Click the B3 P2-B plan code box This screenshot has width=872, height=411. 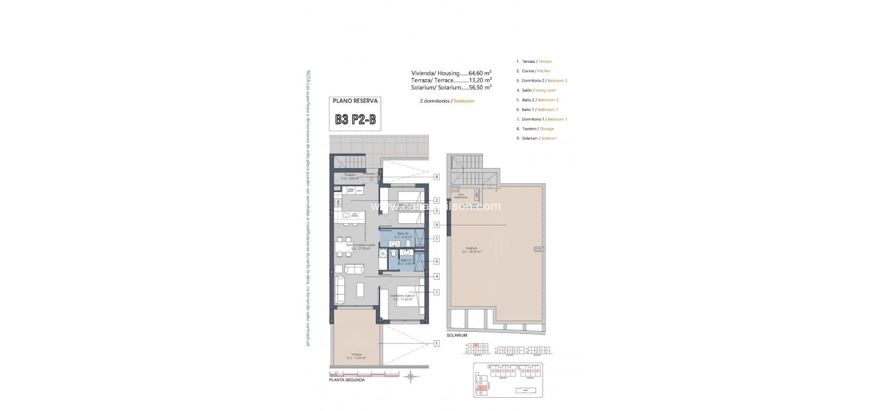pyautogui.click(x=355, y=120)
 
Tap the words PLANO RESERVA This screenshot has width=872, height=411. pyautogui.click(x=355, y=100)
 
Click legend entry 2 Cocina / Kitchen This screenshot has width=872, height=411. pyautogui.click(x=533, y=71)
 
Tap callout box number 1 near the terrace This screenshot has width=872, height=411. pyautogui.click(x=437, y=343)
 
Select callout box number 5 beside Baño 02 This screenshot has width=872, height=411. pyautogui.click(x=437, y=239)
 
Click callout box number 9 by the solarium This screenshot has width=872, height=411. pyautogui.click(x=437, y=225)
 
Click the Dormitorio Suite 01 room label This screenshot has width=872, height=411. pyautogui.click(x=402, y=297)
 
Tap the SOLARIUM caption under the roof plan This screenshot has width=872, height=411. pyautogui.click(x=457, y=335)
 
